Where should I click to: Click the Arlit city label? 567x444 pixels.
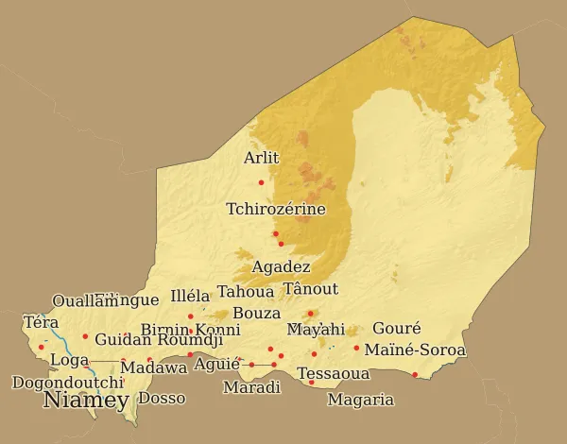pos(261,159)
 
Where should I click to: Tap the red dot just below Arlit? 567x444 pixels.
pos(261,182)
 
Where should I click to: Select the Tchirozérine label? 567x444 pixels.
pos(276,209)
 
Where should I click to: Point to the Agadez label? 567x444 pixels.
pos(281,267)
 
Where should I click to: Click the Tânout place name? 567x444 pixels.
pos(311,289)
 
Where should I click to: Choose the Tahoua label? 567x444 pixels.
pos(246,292)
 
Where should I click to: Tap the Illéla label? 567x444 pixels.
pos(190,296)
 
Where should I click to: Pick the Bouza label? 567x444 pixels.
pos(256,313)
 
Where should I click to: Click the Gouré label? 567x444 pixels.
pos(396,329)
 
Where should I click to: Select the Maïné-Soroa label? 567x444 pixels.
pos(415,350)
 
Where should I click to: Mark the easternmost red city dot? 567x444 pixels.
pos(415,375)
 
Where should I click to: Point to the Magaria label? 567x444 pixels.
pos(360,400)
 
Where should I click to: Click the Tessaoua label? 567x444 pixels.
pos(333,374)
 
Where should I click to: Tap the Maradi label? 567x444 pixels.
pos(251,387)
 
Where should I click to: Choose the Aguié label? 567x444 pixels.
pos(216,365)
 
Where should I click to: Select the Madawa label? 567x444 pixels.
pos(154,367)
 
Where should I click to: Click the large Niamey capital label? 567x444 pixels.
pos(86,401)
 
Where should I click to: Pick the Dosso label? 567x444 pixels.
pos(162,399)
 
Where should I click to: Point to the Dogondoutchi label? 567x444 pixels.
pos(67,383)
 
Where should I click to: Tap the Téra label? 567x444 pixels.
pos(41,323)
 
